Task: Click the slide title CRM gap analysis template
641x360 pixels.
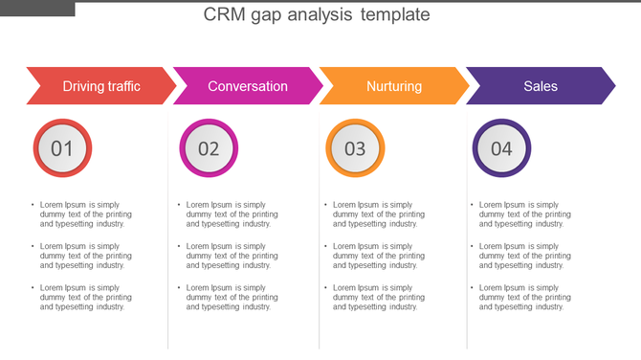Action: click(x=317, y=15)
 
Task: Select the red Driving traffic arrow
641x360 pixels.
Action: click(x=100, y=86)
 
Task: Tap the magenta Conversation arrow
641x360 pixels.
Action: click(x=247, y=86)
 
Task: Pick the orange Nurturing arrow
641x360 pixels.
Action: click(x=393, y=86)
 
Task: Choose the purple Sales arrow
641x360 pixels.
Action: click(x=540, y=86)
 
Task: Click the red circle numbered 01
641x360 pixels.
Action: click(x=62, y=148)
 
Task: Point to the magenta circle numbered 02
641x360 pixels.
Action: click(x=209, y=148)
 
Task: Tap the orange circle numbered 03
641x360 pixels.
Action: click(x=355, y=148)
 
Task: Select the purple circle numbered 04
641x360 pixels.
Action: click(x=501, y=148)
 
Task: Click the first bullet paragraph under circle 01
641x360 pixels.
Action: click(x=85, y=214)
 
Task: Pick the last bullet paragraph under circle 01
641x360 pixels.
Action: click(x=85, y=297)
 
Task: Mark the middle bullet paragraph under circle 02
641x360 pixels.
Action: click(x=232, y=256)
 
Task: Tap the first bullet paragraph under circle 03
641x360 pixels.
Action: click(x=378, y=214)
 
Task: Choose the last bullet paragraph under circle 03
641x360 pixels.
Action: click(x=378, y=297)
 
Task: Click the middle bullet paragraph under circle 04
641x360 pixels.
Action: click(x=524, y=256)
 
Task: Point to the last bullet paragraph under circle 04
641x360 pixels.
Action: click(x=524, y=297)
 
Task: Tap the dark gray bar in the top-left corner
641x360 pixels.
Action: click(x=37, y=8)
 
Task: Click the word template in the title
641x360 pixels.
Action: click(x=395, y=15)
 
